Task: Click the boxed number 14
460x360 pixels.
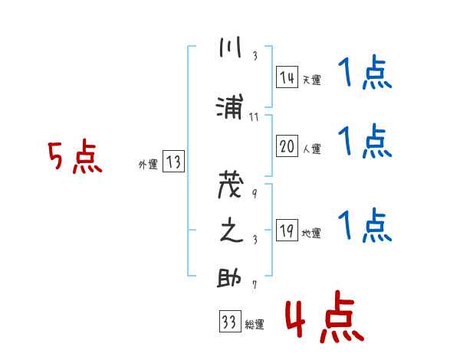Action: coord(287,77)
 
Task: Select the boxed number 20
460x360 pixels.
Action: coord(287,146)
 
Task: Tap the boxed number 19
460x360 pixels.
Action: coord(287,231)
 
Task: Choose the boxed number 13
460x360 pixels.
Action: coord(173,162)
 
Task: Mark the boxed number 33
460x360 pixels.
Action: coord(228,322)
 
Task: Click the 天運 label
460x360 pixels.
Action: coord(310,80)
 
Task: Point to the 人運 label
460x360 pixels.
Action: coord(310,149)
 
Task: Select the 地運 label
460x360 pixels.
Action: coord(310,233)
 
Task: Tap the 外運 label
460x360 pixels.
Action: coord(147,163)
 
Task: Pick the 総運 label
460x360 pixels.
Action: coord(254,325)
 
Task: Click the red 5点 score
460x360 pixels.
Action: coord(74,158)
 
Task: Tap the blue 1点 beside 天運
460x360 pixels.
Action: coord(364,75)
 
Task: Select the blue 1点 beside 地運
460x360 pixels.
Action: coord(364,225)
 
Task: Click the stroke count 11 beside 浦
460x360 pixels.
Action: coord(255,117)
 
